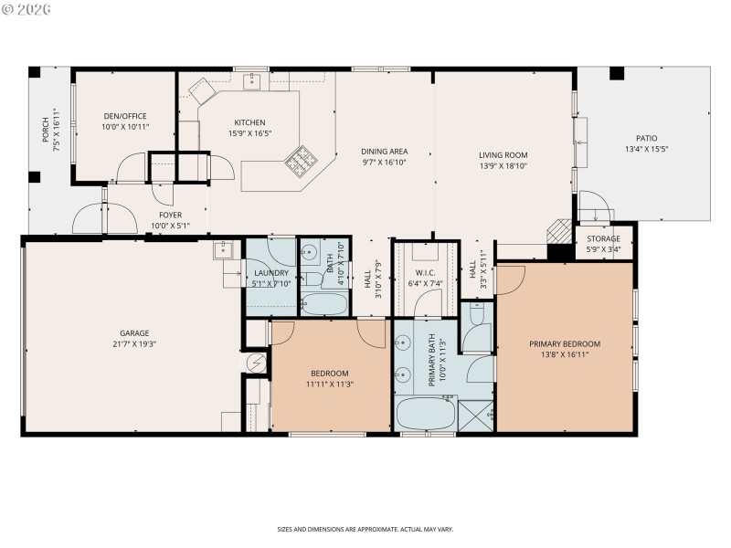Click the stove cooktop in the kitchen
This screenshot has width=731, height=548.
click(300, 163)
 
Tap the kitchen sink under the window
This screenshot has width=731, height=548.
click(252, 81)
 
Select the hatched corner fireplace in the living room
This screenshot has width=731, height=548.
click(556, 232)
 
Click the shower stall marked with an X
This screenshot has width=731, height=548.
click(476, 416)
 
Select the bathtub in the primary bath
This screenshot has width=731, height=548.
click(426, 414)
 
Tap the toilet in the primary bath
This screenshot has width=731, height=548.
click(474, 316)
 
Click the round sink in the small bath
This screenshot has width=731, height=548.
click(311, 255)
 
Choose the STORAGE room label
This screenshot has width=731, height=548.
click(603, 238)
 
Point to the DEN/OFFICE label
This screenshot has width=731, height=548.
click(125, 115)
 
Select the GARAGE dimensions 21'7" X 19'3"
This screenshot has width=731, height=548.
click(133, 344)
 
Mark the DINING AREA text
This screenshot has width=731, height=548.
click(385, 151)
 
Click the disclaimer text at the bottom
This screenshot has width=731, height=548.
click(365, 529)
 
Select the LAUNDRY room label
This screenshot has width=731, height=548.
click(271, 272)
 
